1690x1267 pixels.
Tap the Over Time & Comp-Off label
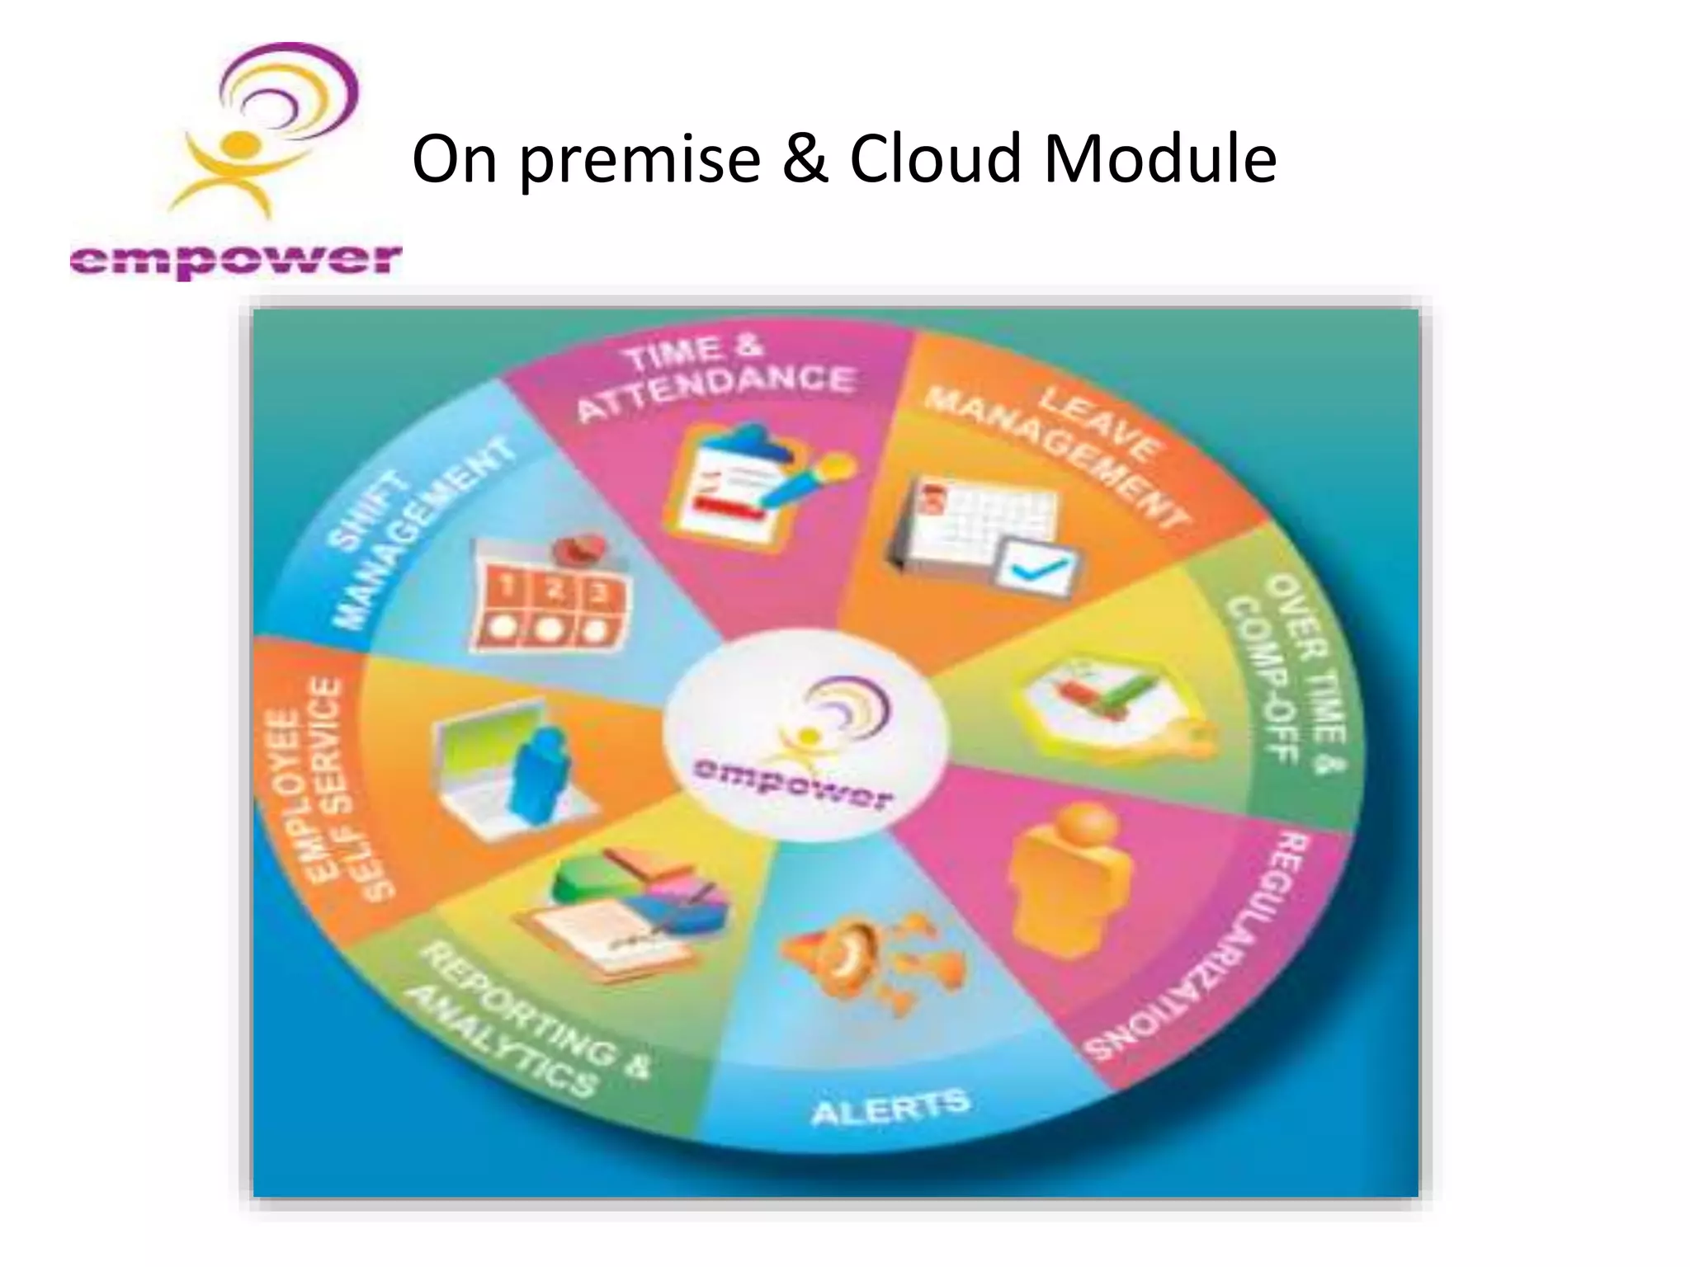(x=1287, y=672)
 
